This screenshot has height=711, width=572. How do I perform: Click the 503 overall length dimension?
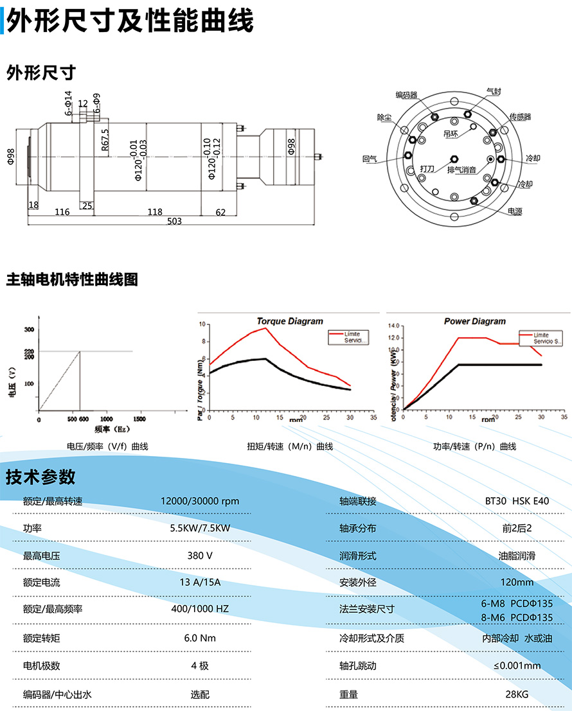tap(174, 221)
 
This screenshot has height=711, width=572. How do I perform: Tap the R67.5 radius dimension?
tap(105, 140)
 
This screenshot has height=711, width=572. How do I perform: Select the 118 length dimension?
tap(155, 212)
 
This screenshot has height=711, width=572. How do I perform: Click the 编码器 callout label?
tap(406, 95)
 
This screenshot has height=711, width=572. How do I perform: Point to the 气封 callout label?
tap(494, 92)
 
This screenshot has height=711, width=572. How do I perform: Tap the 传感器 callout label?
tap(521, 117)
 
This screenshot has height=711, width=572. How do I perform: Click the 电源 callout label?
tap(515, 211)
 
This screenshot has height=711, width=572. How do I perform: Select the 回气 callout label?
tap(370, 159)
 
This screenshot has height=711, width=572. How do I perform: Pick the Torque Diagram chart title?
tap(290, 321)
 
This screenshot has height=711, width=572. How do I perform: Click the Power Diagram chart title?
tap(475, 321)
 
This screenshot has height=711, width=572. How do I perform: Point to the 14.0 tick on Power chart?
tap(394, 326)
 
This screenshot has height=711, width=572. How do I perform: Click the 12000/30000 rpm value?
tap(200, 501)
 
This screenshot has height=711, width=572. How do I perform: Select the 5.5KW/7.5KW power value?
tap(200, 529)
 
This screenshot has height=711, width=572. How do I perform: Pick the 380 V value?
tap(200, 556)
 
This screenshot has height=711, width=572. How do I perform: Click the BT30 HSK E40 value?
tap(517, 501)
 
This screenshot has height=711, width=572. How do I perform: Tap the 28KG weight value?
tap(517, 694)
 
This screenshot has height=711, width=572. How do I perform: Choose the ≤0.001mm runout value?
tap(517, 665)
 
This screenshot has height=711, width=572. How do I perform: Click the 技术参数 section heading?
tap(40, 477)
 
